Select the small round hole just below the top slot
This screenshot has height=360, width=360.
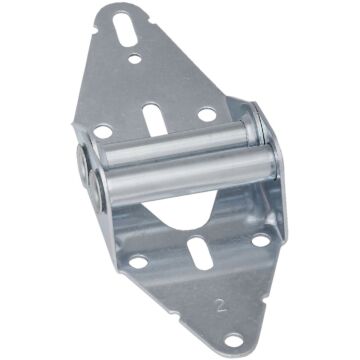point(134,61)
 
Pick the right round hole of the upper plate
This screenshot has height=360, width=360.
point(206,116)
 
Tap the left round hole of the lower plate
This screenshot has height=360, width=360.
point(137,261)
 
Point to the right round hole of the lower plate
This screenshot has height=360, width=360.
point(258,241)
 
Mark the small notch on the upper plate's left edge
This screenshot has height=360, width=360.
point(92,70)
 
